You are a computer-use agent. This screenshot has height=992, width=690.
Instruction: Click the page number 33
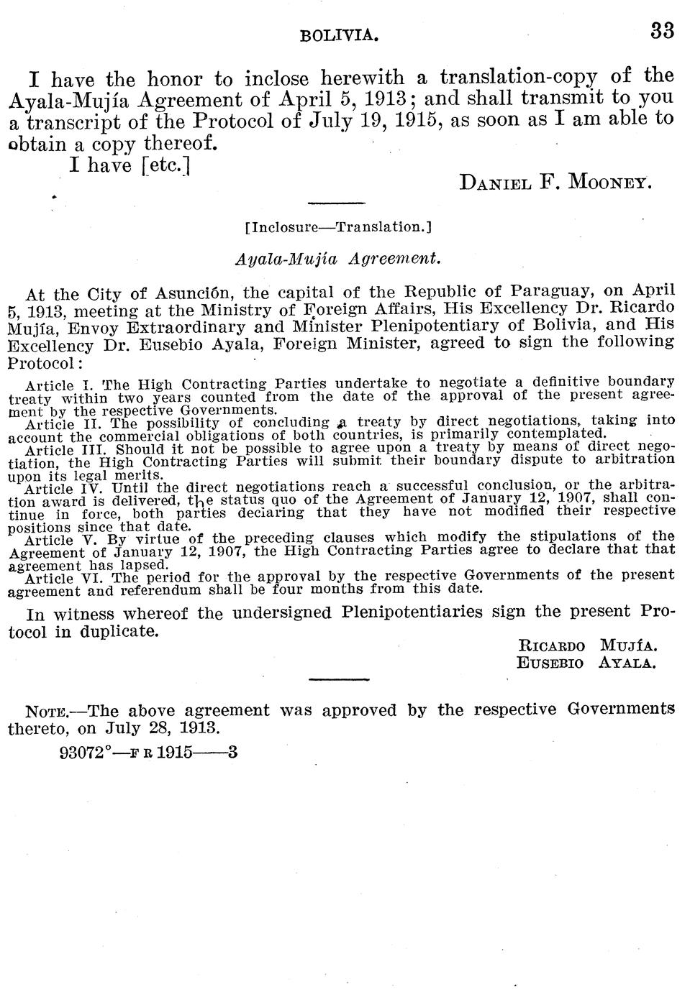click(661, 32)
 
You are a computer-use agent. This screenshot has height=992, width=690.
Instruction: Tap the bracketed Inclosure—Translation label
click(337, 227)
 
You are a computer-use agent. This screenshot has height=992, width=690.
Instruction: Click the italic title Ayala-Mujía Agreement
click(337, 257)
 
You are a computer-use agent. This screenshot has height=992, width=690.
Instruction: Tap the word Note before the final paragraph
click(46, 712)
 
